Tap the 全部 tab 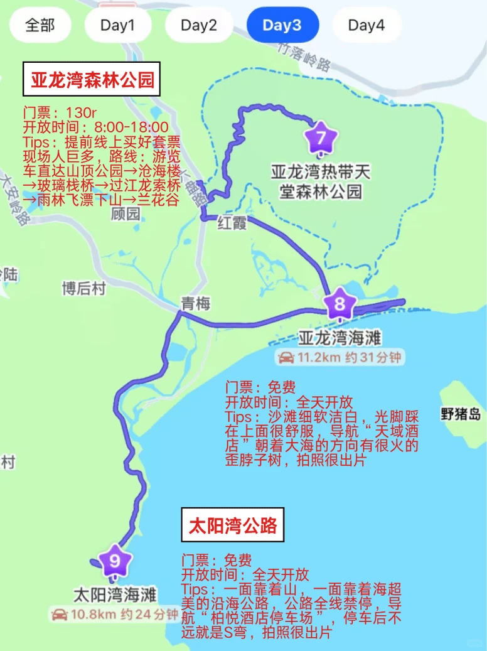pyautogui.click(x=40, y=25)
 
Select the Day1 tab pyautogui.click(x=118, y=25)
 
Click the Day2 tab pyautogui.click(x=199, y=25)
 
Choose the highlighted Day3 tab pyautogui.click(x=282, y=25)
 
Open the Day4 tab pyautogui.click(x=366, y=25)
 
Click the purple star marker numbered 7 pyautogui.click(x=321, y=137)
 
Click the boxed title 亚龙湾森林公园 pyautogui.click(x=92, y=80)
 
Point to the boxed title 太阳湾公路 pyautogui.click(x=233, y=525)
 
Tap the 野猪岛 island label pyautogui.click(x=460, y=414)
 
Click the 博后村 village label pyautogui.click(x=83, y=288)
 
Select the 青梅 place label pyautogui.click(x=195, y=304)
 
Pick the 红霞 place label pyautogui.click(x=231, y=222)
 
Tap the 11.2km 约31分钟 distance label pyautogui.click(x=340, y=358)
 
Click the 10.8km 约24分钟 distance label pyautogui.click(x=116, y=614)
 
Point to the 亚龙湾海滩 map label pyautogui.click(x=340, y=338)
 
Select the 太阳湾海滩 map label pyautogui.click(x=115, y=594)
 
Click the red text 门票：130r pyautogui.click(x=60, y=113)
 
